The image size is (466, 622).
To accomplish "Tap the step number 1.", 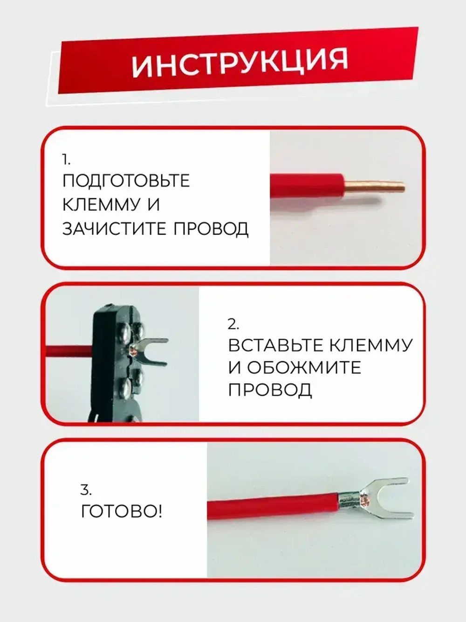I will click(x=66, y=160).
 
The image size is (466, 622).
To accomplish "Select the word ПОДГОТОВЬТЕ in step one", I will click(x=126, y=181).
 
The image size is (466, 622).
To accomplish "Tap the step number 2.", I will click(x=233, y=324).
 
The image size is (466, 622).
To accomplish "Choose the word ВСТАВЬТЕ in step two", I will click(x=275, y=346).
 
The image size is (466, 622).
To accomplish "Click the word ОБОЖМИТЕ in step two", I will click(x=303, y=368).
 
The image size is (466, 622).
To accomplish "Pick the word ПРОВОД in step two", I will click(x=270, y=390).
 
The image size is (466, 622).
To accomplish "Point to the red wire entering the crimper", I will click(x=68, y=351).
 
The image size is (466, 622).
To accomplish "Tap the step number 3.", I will click(x=86, y=490).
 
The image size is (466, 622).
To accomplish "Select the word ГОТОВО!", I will click(x=122, y=512).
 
